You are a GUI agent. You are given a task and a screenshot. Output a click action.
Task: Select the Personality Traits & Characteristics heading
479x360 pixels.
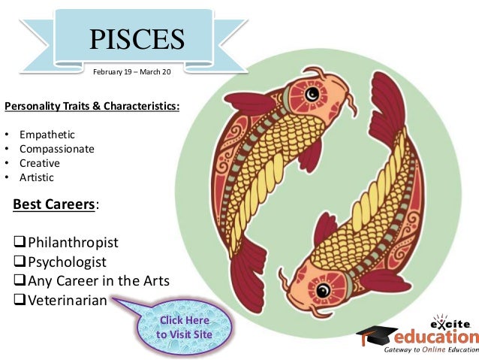coord(92,106)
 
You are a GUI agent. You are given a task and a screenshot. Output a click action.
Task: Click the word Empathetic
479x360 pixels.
coord(47,135)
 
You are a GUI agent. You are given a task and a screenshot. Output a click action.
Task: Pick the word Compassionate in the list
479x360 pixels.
coord(57,150)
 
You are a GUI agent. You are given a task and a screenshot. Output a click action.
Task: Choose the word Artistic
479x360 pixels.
coord(37,178)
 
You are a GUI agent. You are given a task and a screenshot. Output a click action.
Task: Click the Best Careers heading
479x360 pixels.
coord(55,204)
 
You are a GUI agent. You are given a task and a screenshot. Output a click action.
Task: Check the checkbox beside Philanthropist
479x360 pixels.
coord(20,243)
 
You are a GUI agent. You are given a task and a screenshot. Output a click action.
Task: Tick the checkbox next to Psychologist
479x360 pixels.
coord(20,262)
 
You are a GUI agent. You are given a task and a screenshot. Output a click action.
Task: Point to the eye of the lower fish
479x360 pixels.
coord(325,289)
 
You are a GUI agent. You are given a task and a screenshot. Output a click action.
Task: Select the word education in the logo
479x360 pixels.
coord(438,337)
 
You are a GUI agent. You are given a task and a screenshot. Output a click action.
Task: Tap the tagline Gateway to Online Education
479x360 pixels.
coord(431,351)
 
